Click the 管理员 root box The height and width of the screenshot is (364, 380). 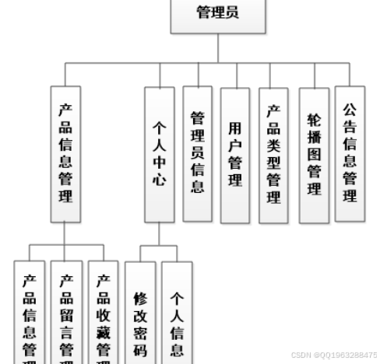click(217, 14)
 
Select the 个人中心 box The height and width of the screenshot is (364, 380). click(159, 156)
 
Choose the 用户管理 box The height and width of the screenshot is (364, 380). click(235, 155)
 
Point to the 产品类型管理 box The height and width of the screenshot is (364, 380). click(273, 155)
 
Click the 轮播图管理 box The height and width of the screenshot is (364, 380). click(314, 155)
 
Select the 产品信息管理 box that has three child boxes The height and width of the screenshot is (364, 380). click(65, 155)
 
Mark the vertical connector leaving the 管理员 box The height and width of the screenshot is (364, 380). click(217, 47)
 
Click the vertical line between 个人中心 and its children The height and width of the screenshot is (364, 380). click(159, 234)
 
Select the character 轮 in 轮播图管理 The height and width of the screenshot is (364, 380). click(314, 121)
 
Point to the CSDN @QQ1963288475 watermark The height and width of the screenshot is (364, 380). click(336, 354)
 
